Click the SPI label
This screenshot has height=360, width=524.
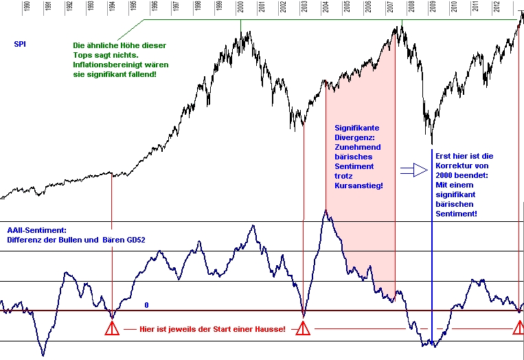[21, 45]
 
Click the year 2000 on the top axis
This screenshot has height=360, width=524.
[240, 8]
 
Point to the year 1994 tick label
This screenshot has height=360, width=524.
[112, 8]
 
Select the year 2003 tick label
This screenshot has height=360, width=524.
[304, 8]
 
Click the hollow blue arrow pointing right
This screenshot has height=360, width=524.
[414, 170]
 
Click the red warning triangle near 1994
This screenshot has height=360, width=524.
[112, 329]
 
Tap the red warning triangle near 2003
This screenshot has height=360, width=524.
[303, 329]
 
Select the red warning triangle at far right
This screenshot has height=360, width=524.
[519, 329]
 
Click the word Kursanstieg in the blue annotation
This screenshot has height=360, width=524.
[358, 185]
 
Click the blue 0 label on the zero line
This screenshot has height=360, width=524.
[146, 304]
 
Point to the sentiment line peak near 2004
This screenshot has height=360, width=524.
[326, 210]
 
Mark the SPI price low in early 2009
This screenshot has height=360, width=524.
[432, 144]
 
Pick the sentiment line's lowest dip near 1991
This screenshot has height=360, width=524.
[43, 355]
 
